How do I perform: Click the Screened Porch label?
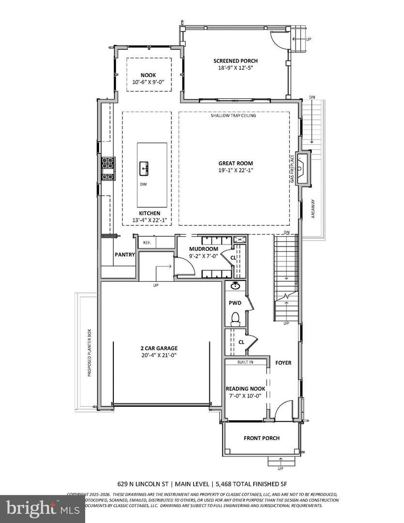[235, 61]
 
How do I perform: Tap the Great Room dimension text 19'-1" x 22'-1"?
[235, 170]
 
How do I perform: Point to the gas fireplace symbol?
[303, 169]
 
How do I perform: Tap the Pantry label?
[124, 254]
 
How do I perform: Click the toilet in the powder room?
[235, 318]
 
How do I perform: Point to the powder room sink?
[236, 286]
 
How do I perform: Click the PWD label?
[235, 303]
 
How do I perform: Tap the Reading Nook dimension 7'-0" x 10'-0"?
[245, 396]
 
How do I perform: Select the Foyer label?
[283, 363]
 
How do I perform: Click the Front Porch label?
[262, 438]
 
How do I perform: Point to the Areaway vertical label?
[313, 208]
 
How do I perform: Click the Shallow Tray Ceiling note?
[233, 116]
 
